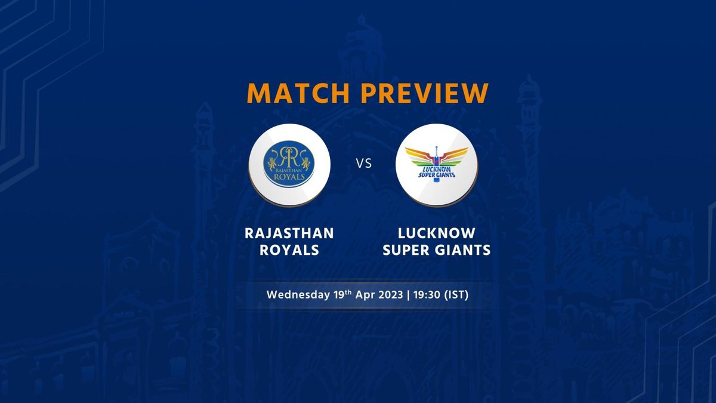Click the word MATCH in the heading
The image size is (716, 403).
(298, 93)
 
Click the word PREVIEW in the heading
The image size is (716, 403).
(425, 93)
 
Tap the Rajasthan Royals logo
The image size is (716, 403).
(289, 164)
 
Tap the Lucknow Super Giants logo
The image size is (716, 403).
(437, 164)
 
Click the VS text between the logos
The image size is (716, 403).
(364, 164)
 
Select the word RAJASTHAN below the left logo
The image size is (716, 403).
(289, 233)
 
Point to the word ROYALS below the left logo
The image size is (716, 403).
(289, 250)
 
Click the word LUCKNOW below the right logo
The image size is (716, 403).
(437, 233)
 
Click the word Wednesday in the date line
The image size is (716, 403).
(298, 294)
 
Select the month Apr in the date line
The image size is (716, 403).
(365, 295)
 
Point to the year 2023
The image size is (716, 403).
(391, 294)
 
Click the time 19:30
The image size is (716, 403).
(427, 294)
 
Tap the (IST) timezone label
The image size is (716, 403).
(456, 294)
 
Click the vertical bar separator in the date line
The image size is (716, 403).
(408, 295)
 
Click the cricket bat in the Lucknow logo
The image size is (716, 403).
(436, 164)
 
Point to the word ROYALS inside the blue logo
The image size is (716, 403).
(289, 177)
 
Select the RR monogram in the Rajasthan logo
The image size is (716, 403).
(289, 155)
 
